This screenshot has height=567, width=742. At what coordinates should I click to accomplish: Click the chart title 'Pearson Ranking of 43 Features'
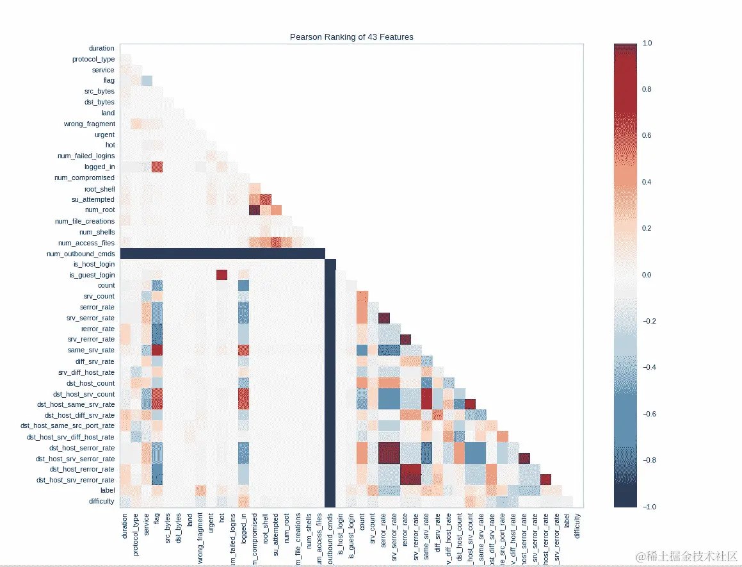(351, 37)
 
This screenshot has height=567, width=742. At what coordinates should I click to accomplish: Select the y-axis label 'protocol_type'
(93, 60)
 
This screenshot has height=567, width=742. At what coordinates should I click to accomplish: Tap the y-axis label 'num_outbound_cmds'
(81, 254)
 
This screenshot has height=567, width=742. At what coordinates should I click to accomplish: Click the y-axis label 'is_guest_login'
(92, 275)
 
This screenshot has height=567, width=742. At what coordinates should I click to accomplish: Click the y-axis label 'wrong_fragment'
(90, 124)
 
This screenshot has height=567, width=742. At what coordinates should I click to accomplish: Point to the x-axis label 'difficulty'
(577, 525)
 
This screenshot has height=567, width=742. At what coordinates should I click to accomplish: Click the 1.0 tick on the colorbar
(647, 43)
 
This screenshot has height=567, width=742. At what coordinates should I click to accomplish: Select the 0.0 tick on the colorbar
(647, 275)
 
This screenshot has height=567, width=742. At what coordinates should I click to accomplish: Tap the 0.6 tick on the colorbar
(647, 136)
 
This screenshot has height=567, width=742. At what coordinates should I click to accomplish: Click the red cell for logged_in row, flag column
(157, 167)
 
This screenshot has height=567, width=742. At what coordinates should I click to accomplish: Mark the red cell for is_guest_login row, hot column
(222, 275)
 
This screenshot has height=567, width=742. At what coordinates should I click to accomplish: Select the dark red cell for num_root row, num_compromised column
(254, 210)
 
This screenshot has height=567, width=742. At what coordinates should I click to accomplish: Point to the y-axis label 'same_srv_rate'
(91, 350)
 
